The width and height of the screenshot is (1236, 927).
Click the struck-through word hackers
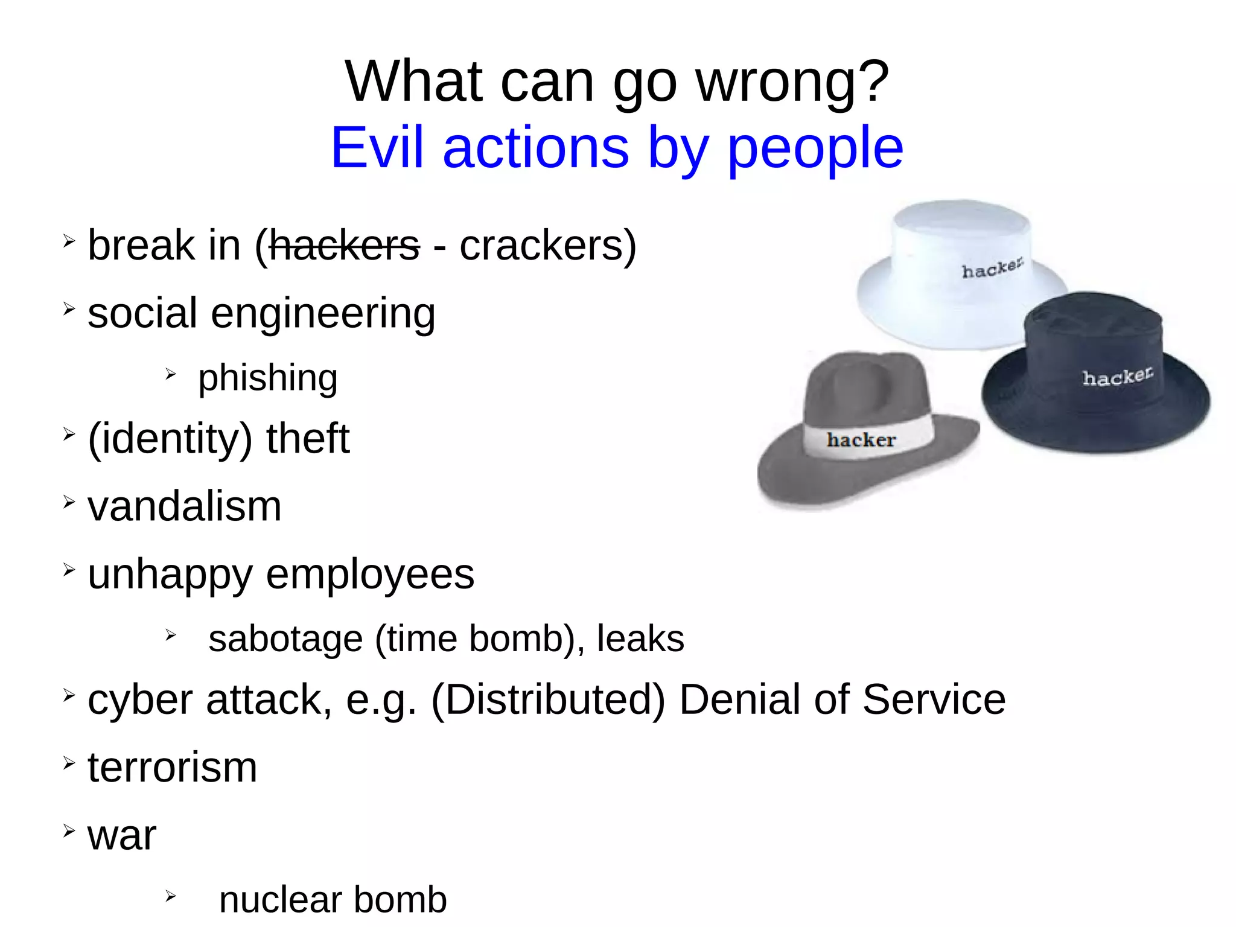(x=344, y=246)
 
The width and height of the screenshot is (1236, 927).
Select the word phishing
(x=267, y=379)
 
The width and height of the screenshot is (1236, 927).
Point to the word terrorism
(x=172, y=768)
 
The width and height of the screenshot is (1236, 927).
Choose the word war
(x=122, y=836)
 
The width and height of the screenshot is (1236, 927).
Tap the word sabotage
(x=285, y=639)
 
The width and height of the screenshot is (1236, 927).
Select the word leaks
(x=640, y=639)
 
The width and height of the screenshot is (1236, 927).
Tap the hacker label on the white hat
(x=992, y=269)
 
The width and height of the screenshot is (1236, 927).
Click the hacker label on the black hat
(x=1117, y=377)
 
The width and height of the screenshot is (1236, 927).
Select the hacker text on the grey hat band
(x=861, y=440)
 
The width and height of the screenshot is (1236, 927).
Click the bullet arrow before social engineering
(x=69, y=309)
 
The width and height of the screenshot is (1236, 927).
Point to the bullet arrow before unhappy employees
(x=69, y=569)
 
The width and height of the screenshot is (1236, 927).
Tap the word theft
(x=308, y=439)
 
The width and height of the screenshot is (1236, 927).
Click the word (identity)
(x=170, y=439)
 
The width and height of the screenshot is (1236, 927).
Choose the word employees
(x=370, y=575)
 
